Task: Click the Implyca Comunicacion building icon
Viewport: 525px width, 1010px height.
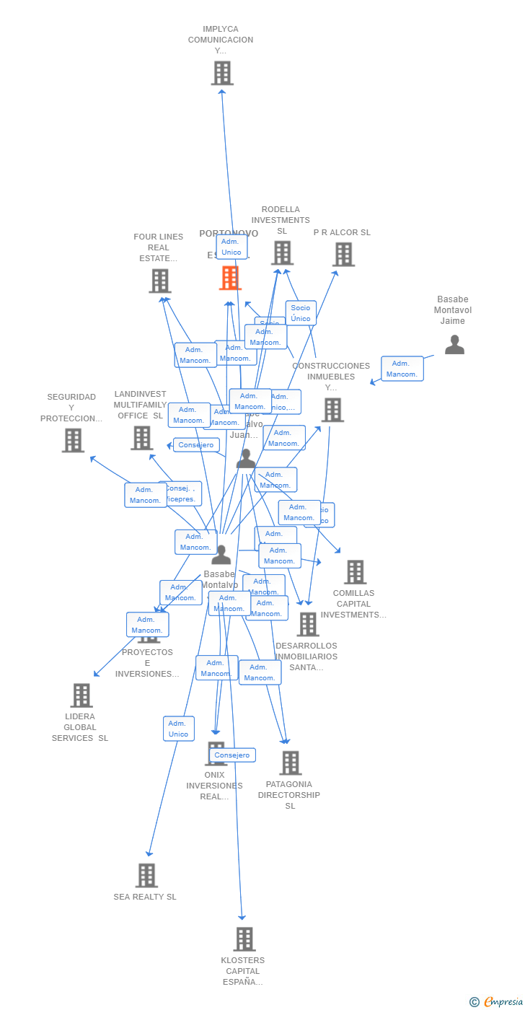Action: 222,73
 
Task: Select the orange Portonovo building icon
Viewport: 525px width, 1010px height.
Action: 230,278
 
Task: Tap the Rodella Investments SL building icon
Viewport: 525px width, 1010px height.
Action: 282,253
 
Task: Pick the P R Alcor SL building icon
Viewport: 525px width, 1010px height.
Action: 343,254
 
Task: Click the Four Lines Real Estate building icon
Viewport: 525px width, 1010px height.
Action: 159,281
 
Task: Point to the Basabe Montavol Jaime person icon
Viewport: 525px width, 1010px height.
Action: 454,345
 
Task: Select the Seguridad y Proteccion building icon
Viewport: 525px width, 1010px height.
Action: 73,440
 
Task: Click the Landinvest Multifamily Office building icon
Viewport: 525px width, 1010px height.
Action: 141,437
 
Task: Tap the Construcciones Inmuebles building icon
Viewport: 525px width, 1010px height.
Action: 332,410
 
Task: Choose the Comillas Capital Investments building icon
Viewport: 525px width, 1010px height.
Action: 355,572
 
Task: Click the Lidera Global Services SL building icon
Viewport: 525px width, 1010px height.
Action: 81,695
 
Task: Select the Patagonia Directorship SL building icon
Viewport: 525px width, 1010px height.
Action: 290,763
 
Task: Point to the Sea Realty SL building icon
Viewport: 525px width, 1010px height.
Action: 146,875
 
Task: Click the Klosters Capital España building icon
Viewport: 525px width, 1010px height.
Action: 244,939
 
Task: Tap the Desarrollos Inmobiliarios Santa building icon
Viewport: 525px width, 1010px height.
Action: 308,624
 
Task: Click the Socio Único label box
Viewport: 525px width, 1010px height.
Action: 301,313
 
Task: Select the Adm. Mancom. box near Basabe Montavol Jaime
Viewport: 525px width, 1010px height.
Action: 402,369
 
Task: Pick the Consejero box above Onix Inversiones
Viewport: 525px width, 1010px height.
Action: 232,755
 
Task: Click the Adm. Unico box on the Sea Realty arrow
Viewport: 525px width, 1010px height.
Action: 178,729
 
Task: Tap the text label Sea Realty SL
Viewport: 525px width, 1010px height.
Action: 145,897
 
